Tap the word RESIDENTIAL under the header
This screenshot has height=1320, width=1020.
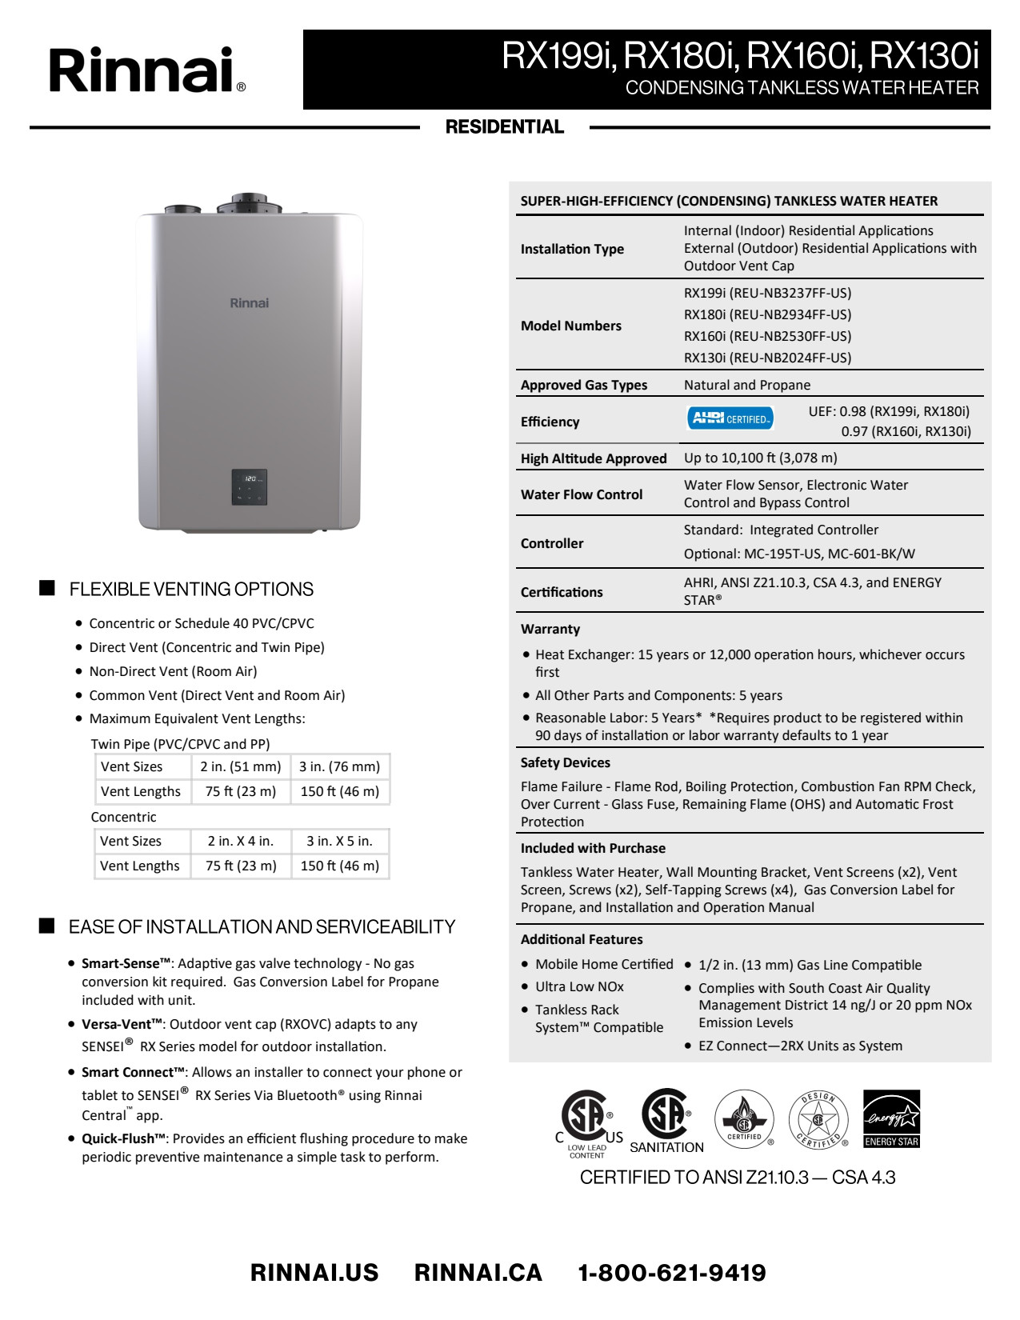click(505, 127)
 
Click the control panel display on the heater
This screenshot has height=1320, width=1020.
click(249, 487)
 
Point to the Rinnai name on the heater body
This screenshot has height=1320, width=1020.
click(249, 303)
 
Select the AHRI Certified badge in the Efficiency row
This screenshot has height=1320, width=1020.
click(730, 418)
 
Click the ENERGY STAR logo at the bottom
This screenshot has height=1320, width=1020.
click(891, 1118)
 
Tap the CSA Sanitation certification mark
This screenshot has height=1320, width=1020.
click(666, 1120)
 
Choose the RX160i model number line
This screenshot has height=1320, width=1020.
click(767, 336)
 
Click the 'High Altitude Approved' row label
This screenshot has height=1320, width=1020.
click(594, 458)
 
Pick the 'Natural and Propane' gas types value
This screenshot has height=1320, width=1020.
click(746, 385)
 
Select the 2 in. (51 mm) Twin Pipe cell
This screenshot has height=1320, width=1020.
click(241, 766)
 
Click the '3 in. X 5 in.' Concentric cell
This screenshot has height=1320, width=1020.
click(339, 841)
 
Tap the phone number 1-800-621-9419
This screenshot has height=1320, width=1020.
click(672, 1273)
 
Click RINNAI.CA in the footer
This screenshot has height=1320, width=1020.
click(478, 1273)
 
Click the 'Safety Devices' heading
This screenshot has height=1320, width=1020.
click(565, 762)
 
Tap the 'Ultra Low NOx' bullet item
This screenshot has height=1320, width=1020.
click(579, 986)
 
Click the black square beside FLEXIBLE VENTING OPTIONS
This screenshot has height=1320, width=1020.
click(47, 588)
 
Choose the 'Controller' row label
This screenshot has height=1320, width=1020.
click(552, 543)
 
